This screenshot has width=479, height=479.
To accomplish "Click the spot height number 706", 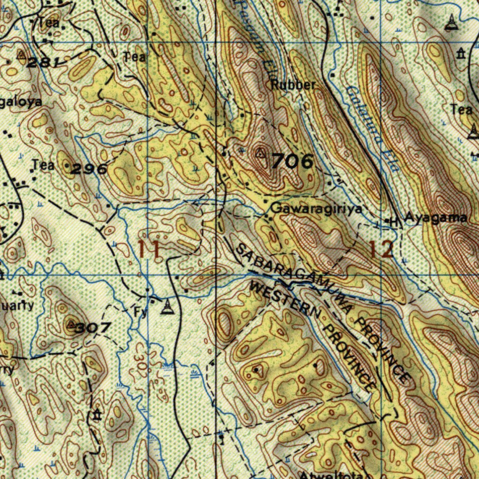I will [292, 161].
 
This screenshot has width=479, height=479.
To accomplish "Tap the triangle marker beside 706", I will [261, 152].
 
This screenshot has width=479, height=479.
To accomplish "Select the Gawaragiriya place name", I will [316, 209].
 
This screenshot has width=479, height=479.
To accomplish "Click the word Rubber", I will [293, 85].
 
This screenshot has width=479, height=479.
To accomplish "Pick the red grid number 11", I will [150, 248].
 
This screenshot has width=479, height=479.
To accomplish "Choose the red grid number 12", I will [381, 249].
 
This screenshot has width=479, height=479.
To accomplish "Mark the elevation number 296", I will [89, 169].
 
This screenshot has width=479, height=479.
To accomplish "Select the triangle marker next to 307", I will [71, 324].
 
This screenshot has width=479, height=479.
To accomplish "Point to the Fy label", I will [140, 312].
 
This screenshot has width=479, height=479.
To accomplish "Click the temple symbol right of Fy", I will [167, 307].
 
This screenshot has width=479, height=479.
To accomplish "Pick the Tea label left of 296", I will [43, 165].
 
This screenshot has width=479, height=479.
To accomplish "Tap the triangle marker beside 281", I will [21, 55].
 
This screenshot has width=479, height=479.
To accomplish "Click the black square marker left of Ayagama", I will [388, 220].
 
